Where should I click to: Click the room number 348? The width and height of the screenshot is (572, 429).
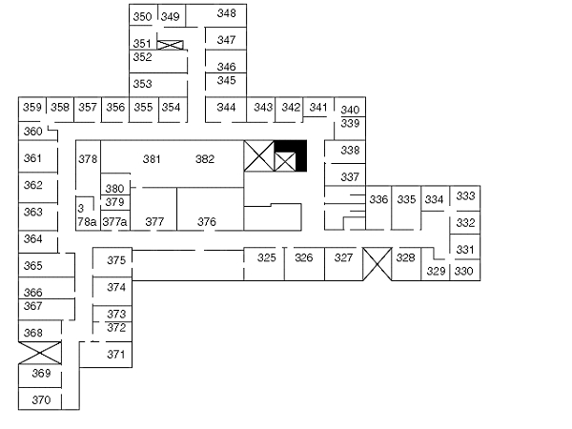226,13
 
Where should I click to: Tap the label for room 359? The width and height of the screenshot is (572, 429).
32,107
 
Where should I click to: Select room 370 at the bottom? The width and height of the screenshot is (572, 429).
41,399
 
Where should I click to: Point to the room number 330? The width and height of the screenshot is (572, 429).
463,271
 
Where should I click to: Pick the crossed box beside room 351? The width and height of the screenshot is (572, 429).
170,45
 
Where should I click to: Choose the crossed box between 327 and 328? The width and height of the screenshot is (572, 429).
378,264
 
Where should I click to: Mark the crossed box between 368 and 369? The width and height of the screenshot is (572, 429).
40,353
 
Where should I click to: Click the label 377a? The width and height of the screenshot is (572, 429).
115,221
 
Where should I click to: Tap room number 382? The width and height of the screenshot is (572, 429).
205,159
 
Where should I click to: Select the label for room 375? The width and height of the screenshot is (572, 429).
116,260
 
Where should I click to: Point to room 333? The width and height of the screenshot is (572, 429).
465,195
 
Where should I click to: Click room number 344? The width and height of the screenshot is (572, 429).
226,107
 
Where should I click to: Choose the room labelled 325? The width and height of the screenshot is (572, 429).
267,257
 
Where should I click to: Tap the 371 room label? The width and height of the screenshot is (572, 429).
116,354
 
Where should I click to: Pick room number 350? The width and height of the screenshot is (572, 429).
142,16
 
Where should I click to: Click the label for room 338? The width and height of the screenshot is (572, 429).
350,150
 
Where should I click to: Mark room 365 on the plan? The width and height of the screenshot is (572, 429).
32,265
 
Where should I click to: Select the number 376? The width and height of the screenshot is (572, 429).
207,221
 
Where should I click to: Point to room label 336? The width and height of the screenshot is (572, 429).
378,199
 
